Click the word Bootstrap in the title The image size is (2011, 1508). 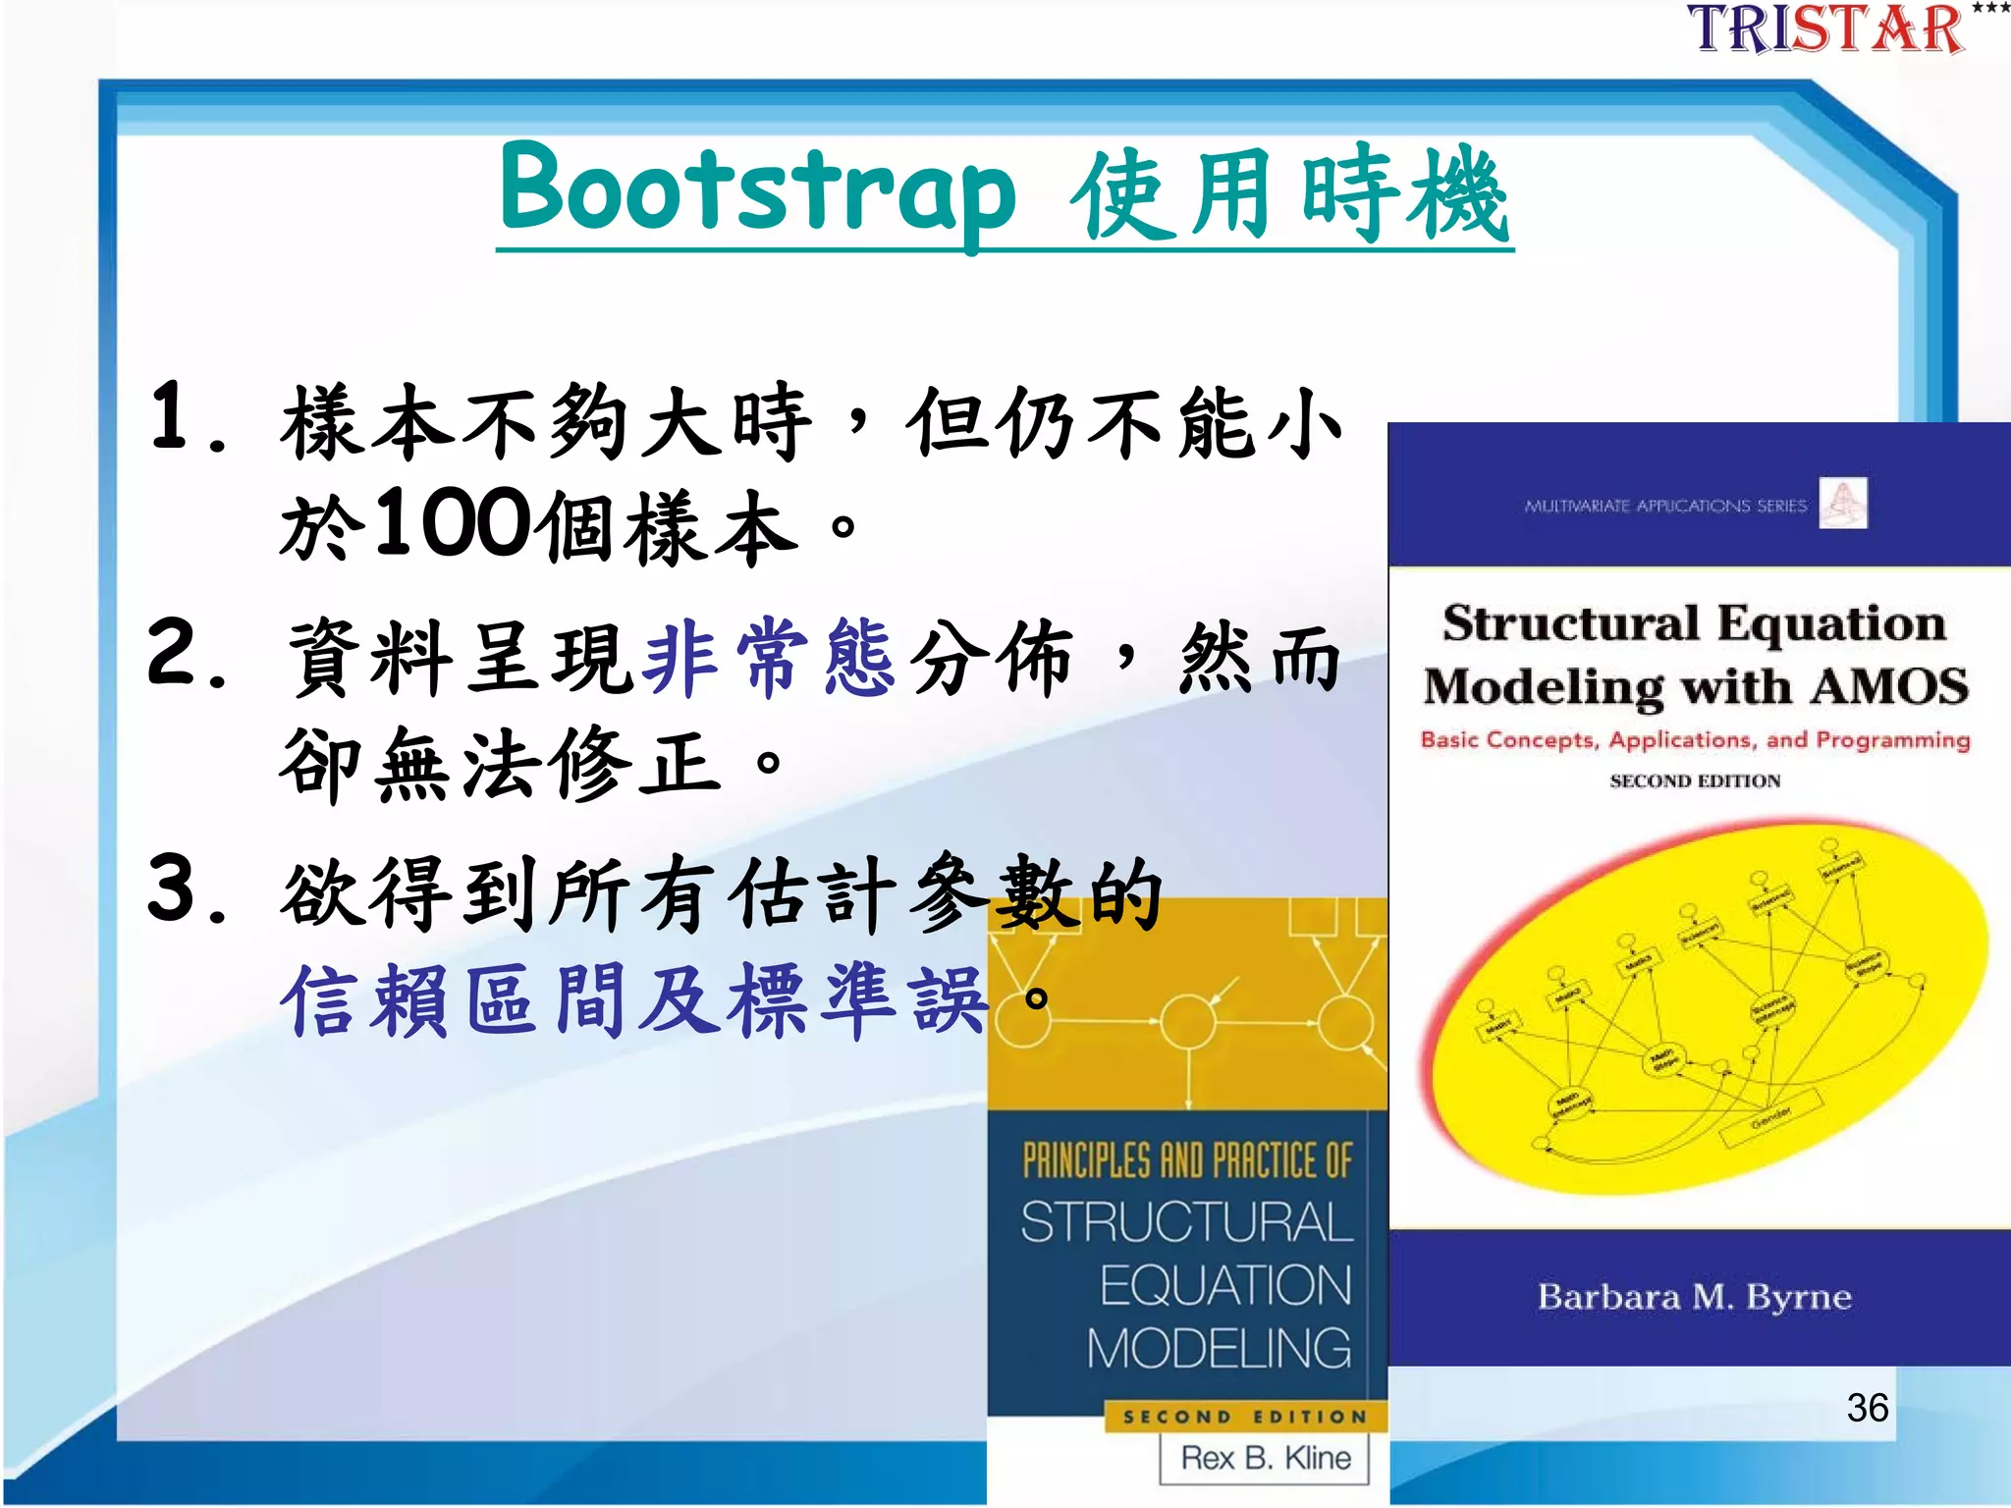click(x=756, y=191)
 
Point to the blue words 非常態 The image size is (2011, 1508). click(x=768, y=659)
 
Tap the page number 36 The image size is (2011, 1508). click(x=1867, y=1408)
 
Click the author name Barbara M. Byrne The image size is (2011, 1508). click(x=1695, y=1297)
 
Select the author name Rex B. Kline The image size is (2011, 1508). click(x=1265, y=1458)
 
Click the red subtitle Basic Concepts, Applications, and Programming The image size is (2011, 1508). click(x=1695, y=739)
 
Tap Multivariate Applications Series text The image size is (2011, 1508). click(x=1665, y=506)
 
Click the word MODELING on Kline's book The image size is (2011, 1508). click(x=1219, y=1348)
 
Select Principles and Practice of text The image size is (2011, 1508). click(x=1186, y=1160)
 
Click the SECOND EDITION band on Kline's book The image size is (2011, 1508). click(x=1245, y=1417)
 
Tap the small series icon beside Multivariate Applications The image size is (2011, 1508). click(x=1842, y=503)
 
